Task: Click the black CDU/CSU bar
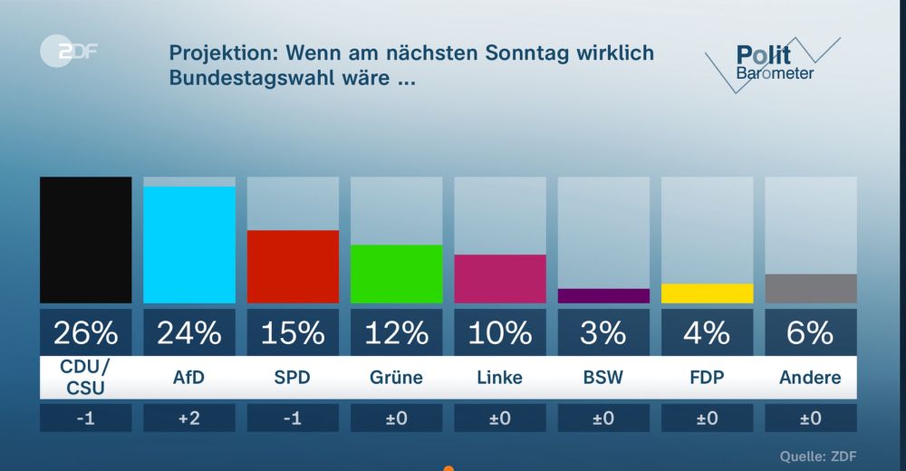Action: pyautogui.click(x=85, y=240)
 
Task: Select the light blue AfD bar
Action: pyautogui.click(x=189, y=245)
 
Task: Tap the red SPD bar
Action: pyautogui.click(x=293, y=266)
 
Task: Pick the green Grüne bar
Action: pyautogui.click(x=396, y=274)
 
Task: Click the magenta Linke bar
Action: pyautogui.click(x=500, y=278)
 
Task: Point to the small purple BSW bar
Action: pyautogui.click(x=603, y=295)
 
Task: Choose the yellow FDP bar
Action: pyautogui.click(x=707, y=293)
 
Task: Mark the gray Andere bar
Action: pyautogui.click(x=811, y=288)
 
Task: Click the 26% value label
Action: pyautogui.click(x=85, y=333)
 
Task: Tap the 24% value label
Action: pyautogui.click(x=189, y=333)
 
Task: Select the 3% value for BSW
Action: pyautogui.click(x=603, y=333)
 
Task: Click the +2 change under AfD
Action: pyautogui.click(x=189, y=418)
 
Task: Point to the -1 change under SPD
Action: pyautogui.click(x=293, y=418)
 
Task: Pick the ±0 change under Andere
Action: pyautogui.click(x=811, y=418)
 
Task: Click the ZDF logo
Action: pyautogui.click(x=68, y=53)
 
